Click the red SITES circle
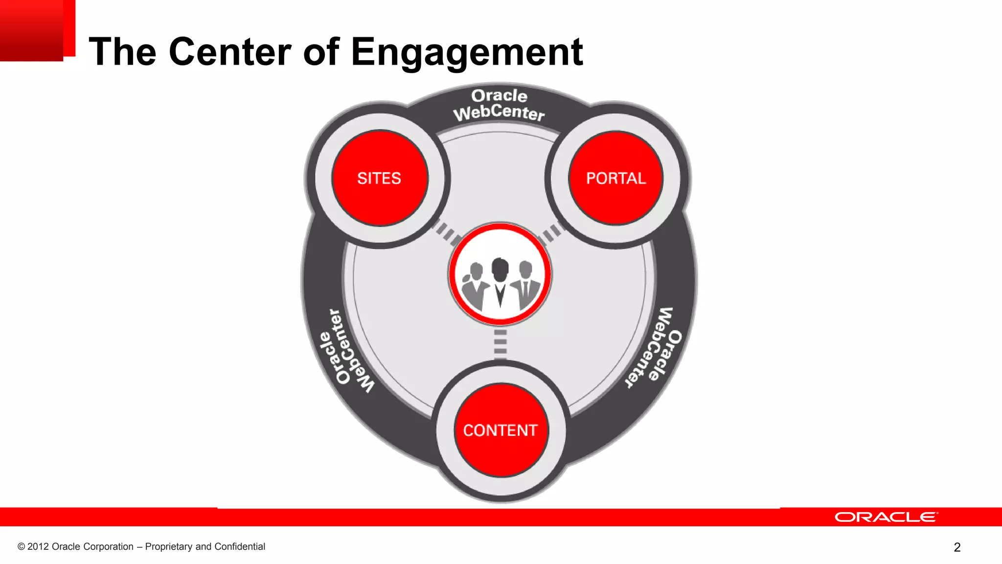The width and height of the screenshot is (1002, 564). [380, 178]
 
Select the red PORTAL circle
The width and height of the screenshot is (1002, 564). [615, 178]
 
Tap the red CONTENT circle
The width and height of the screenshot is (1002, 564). [501, 430]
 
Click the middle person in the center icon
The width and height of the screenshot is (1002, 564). [500, 284]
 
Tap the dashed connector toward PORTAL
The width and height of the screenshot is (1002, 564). [552, 233]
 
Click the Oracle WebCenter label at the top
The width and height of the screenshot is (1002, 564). [499, 105]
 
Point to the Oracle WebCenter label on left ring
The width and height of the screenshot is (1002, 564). [346, 352]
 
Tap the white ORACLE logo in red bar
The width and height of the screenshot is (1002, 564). [886, 517]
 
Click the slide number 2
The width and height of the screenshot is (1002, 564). [957, 547]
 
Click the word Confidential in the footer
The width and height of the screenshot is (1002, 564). [240, 547]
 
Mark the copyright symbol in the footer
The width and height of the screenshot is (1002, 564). [21, 547]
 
